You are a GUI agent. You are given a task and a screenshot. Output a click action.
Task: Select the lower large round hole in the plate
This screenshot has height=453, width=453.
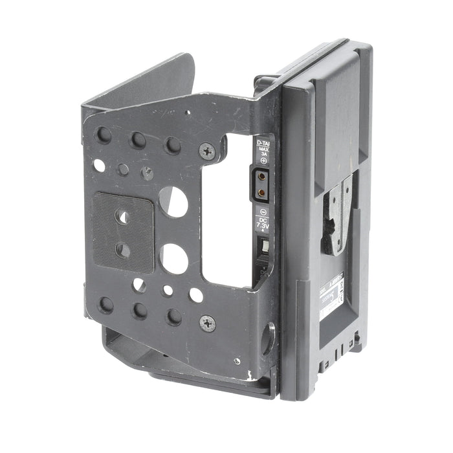click(x=173, y=258)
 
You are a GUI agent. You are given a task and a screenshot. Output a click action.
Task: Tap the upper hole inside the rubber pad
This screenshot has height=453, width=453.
click(x=122, y=217)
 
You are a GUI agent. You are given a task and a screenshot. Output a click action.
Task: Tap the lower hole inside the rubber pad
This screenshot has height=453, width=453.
click(x=122, y=250)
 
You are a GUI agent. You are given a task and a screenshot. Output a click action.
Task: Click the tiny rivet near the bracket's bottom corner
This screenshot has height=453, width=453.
click(x=238, y=361)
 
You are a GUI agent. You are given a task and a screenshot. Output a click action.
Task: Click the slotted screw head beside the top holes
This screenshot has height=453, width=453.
click(x=148, y=173)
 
